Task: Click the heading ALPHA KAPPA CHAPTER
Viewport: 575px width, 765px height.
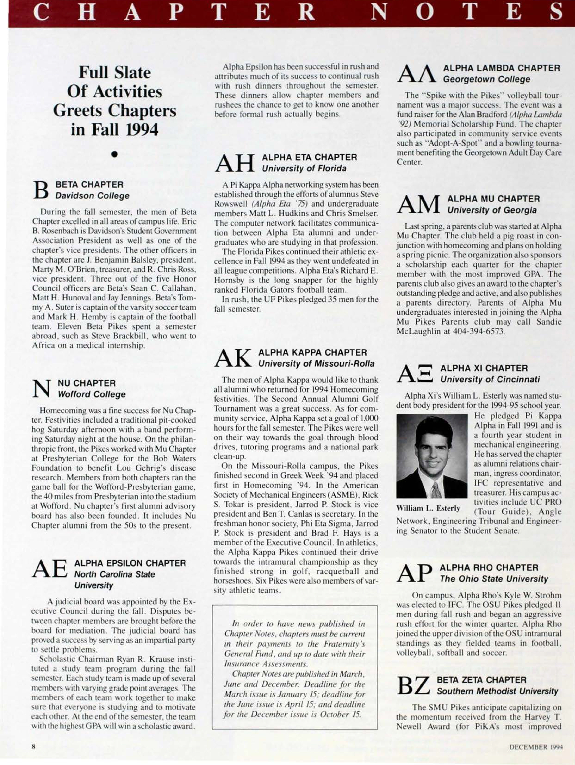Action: coord(312,352)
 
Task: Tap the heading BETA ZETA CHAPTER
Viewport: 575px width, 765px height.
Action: coord(482,680)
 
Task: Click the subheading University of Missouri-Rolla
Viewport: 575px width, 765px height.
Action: coord(316,364)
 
